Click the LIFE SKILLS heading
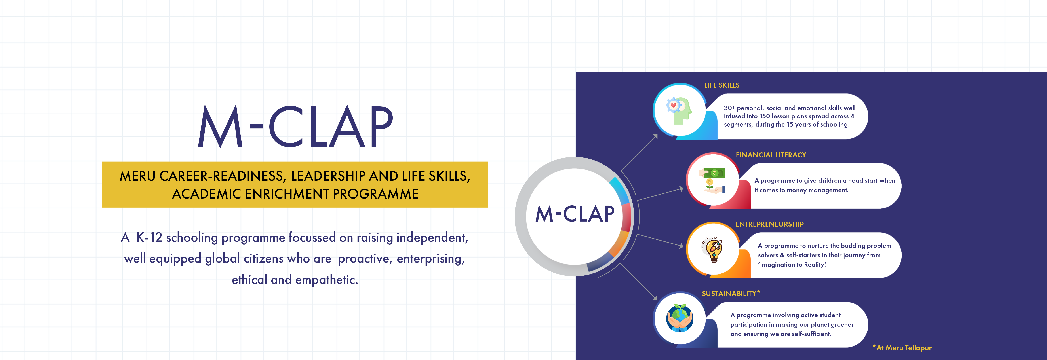coord(722,85)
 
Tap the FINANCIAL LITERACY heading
coord(771,155)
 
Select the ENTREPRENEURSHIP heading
coord(769,224)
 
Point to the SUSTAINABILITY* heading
coord(730,293)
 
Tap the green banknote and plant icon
coord(712,180)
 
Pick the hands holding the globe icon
coord(680,318)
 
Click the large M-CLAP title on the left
coord(295,126)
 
